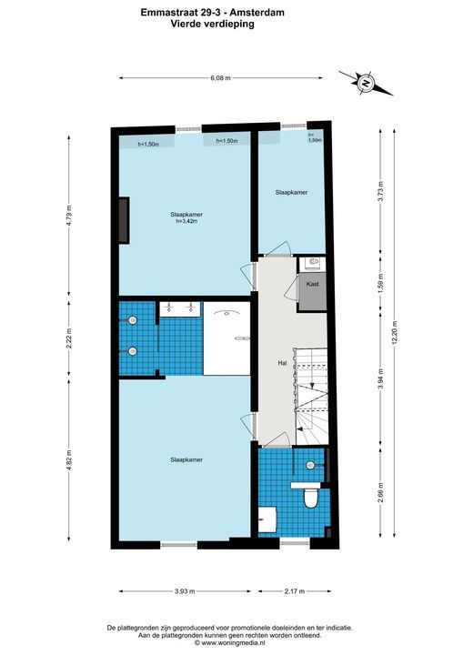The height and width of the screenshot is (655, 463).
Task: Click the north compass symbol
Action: tap(366, 83)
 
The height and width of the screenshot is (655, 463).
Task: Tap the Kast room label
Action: tap(313, 284)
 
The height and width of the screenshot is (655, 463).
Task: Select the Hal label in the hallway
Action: tap(282, 363)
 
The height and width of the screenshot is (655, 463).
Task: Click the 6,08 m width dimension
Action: tap(221, 77)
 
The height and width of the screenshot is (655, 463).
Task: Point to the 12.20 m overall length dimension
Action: tap(394, 333)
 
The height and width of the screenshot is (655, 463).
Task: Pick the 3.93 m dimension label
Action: tap(185, 591)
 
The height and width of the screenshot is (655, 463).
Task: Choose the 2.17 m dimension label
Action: tap(295, 591)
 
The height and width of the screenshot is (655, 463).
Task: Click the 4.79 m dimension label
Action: tap(69, 214)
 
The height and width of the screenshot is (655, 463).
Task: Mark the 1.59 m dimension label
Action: tap(380, 284)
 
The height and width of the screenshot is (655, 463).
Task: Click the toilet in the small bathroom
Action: tap(310, 496)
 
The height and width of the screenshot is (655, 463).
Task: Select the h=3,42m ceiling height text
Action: tap(186, 221)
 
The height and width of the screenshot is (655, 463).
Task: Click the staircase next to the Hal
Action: tap(311, 397)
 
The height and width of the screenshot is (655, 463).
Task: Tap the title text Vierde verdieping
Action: tap(213, 24)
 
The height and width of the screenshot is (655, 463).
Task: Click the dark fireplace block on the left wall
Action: tap(124, 220)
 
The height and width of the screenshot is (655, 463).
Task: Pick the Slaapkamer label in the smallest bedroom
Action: tap(292, 193)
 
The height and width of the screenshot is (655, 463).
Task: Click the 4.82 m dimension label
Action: tap(69, 460)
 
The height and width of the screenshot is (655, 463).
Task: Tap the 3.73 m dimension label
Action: tap(380, 192)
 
